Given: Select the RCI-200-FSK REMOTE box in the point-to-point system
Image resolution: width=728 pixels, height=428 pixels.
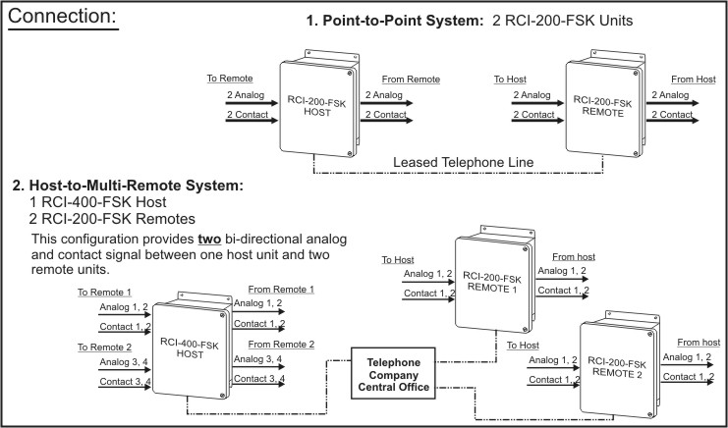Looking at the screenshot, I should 602,107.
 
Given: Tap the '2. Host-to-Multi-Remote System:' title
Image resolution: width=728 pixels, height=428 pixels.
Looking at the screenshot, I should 127,185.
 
